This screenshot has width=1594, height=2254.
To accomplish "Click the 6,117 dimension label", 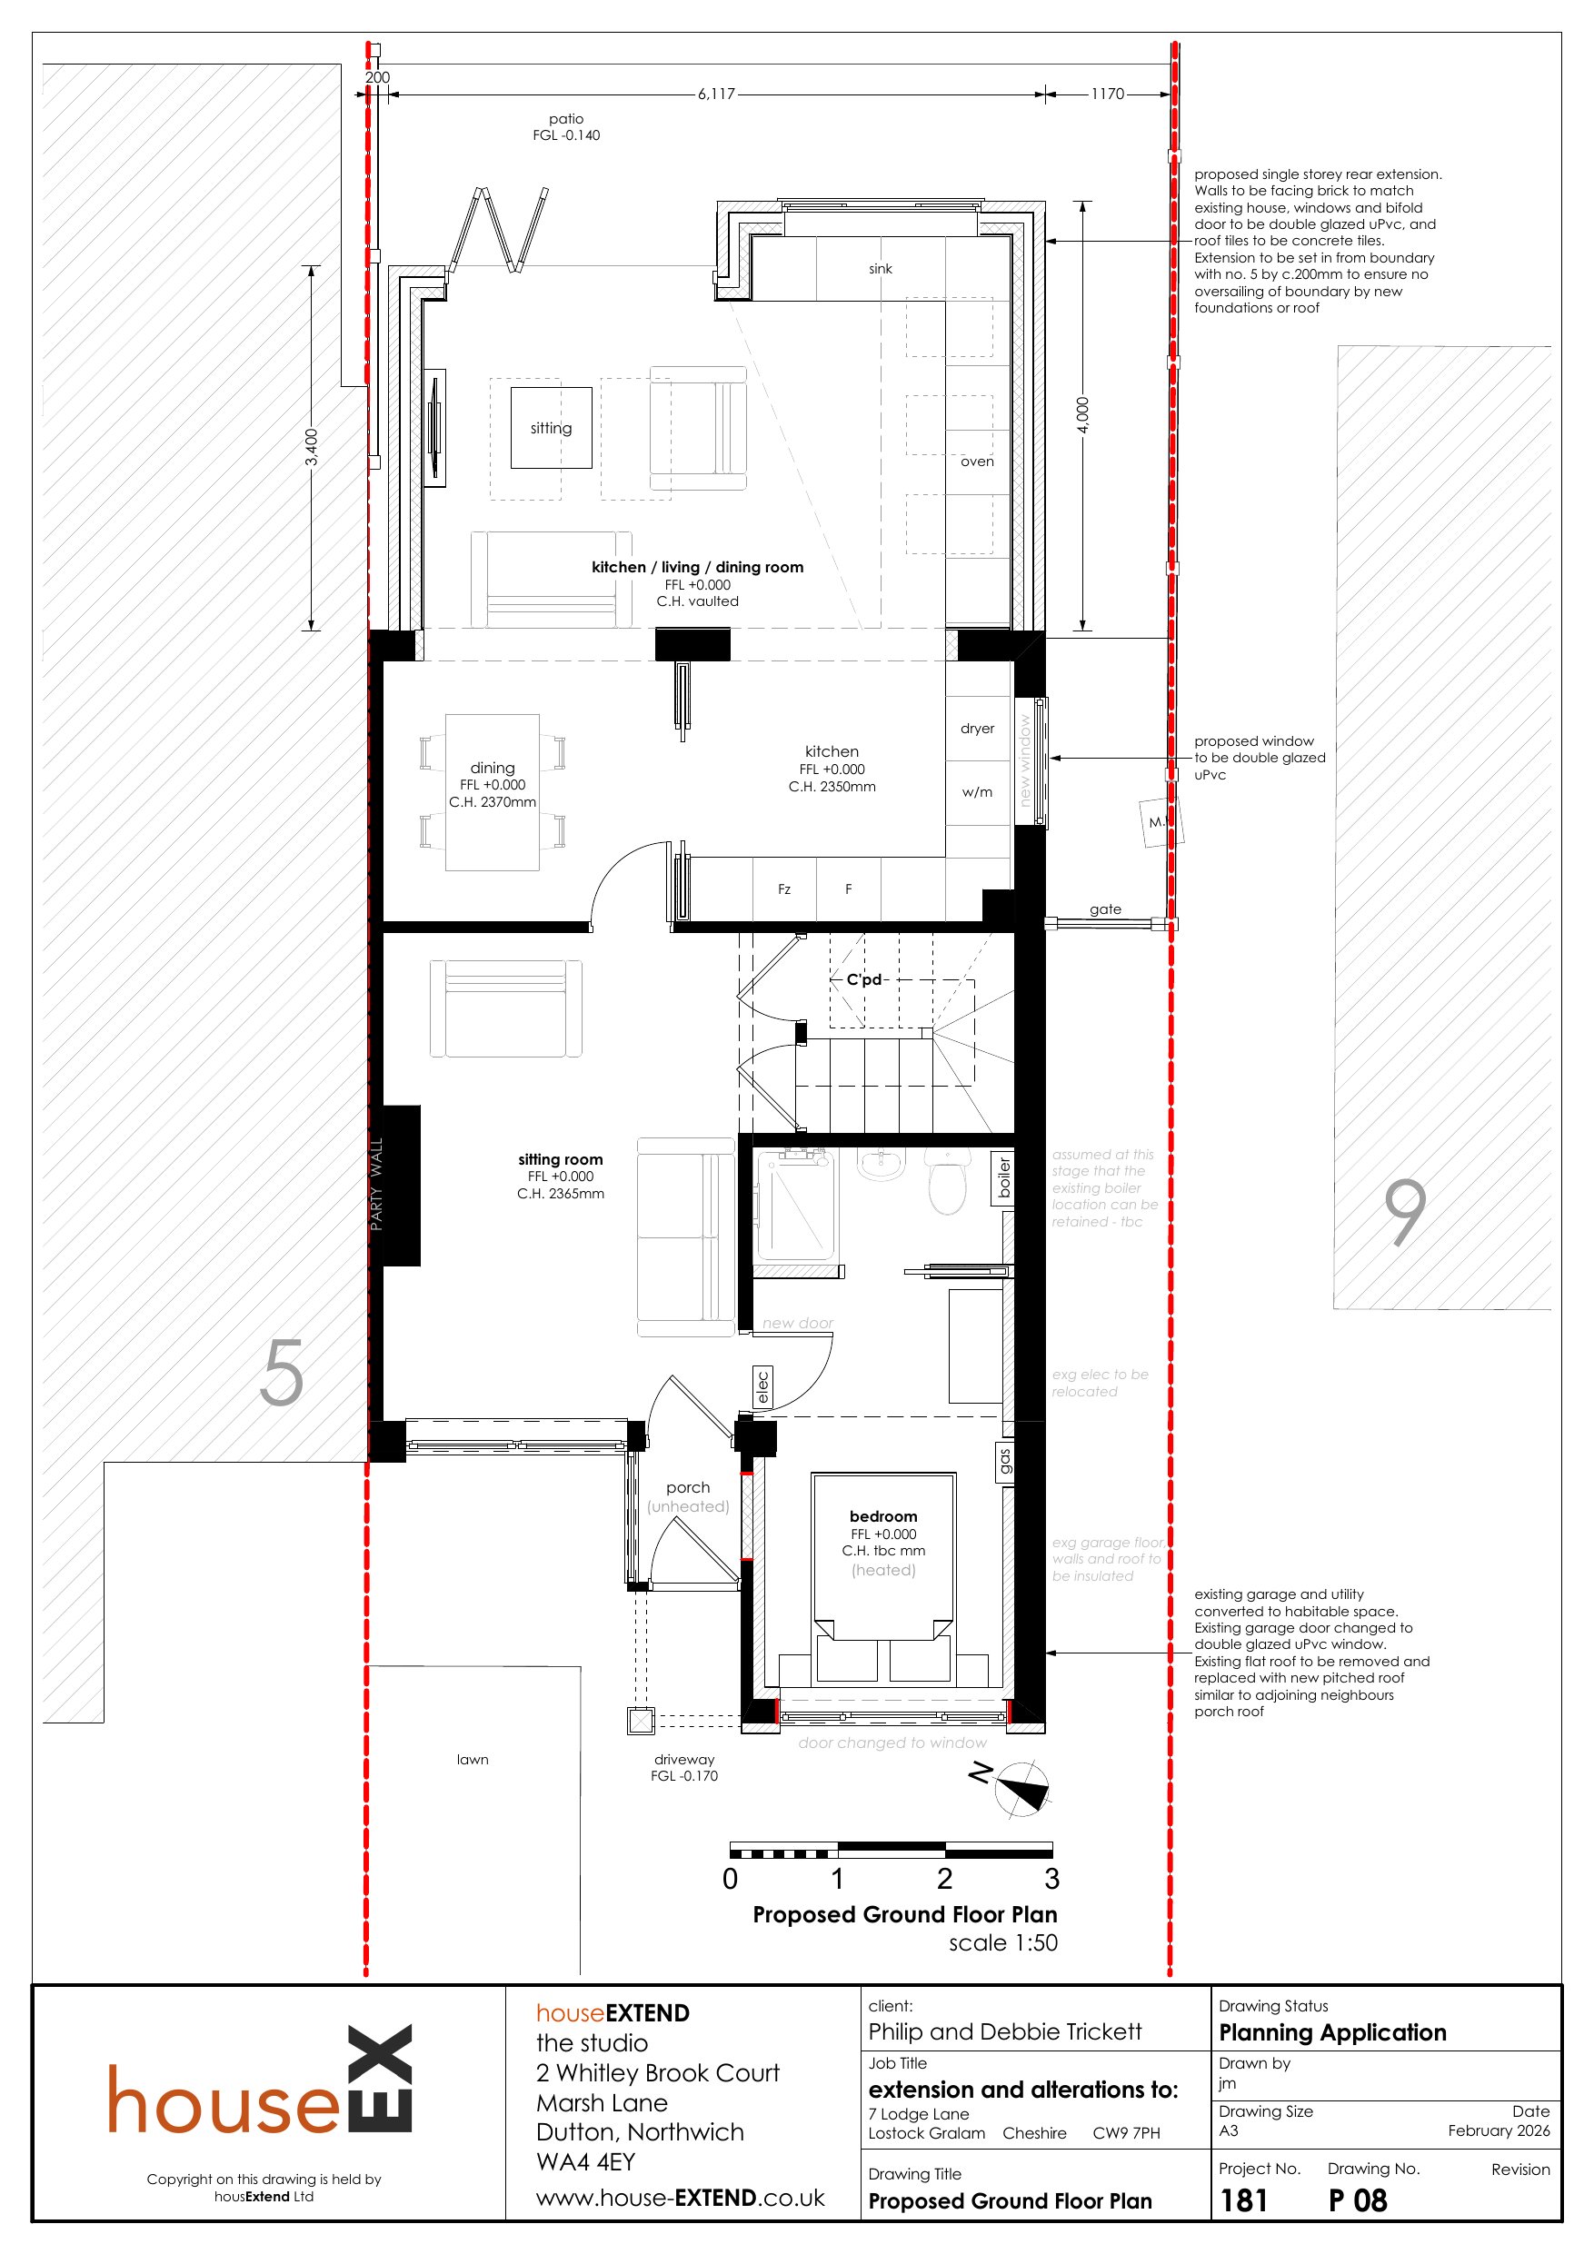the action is [716, 94].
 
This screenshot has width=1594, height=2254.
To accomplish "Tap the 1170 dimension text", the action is [1107, 94].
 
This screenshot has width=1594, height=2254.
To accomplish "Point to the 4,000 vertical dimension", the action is [1082, 415].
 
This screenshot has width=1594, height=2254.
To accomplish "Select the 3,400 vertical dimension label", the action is [312, 448].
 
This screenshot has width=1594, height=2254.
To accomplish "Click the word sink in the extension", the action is [880, 269].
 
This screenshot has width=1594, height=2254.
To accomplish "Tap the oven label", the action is [977, 462].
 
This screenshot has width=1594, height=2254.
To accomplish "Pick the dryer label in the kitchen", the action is [977, 729].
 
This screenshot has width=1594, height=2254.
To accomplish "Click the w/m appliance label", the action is [977, 792].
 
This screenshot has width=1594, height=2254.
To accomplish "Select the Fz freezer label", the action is [783, 889].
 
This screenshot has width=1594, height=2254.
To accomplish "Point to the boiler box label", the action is [1002, 1179].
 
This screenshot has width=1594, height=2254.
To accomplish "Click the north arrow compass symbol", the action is [1021, 1789].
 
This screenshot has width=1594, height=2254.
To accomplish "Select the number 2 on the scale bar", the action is [944, 1879].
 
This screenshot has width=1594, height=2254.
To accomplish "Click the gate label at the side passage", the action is [1105, 910].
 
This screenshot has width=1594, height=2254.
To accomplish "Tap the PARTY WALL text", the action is [376, 1184].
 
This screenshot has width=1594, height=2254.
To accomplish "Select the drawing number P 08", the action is [1358, 2200].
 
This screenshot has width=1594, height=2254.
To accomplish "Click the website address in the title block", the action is [680, 2197].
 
